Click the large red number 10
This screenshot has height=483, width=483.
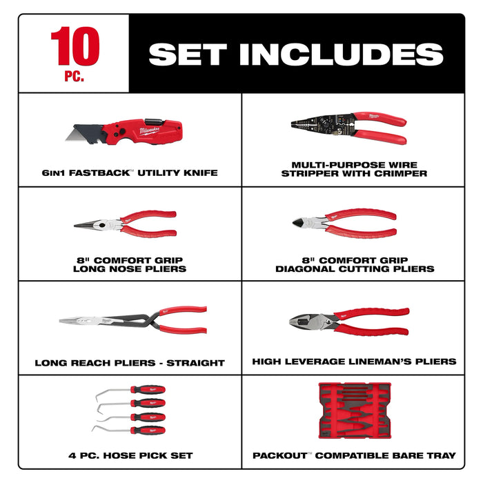click(74, 47)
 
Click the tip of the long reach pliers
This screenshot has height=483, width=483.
click(66, 321)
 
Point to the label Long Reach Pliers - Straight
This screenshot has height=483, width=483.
click(130, 362)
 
